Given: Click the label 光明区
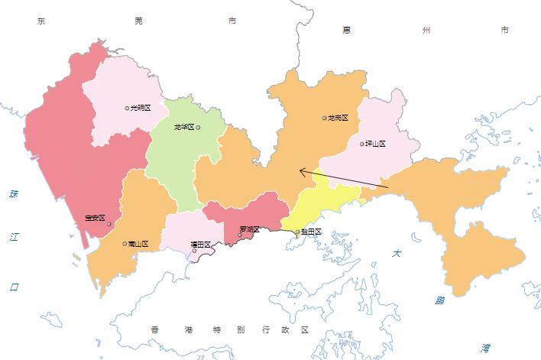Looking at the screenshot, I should [x=141, y=109].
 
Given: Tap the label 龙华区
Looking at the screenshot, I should [x=183, y=127].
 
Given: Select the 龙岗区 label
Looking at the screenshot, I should [x=339, y=118].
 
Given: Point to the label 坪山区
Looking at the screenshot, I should [x=376, y=143].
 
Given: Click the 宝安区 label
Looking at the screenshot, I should [x=96, y=218].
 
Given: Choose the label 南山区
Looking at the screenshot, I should [x=139, y=244].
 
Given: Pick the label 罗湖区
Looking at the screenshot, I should [x=250, y=229].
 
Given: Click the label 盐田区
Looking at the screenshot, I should [x=312, y=232].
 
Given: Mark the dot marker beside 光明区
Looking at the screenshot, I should [x=128, y=109].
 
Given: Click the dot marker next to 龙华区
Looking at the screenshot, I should [x=199, y=127].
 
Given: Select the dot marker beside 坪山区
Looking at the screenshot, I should [x=362, y=143].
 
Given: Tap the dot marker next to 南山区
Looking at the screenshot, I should [x=125, y=244].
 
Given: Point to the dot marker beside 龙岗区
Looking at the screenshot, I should [x=325, y=118].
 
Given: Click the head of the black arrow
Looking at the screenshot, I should [x=300, y=170].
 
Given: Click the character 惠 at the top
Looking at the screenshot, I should [x=346, y=30].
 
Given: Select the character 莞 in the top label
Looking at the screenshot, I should [x=138, y=21].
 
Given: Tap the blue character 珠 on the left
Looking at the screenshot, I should [x=13, y=194].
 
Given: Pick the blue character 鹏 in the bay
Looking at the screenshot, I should [x=440, y=300].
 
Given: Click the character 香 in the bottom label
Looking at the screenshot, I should [x=155, y=329].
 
